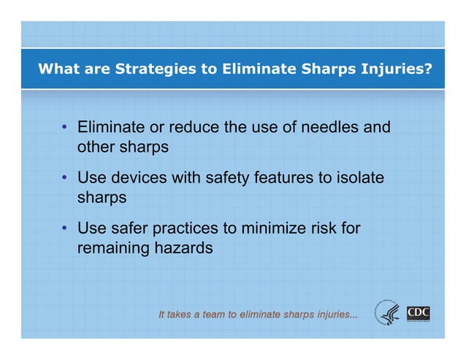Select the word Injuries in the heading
pyautogui.click(x=396, y=70)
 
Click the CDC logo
pyautogui.click(x=419, y=314)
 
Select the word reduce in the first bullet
pyautogui.click(x=192, y=128)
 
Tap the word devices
pyautogui.click(x=139, y=178)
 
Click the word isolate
pyautogui.click(x=356, y=178)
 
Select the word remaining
pyautogui.click(x=112, y=248)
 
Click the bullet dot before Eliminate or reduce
pyautogui.click(x=65, y=129)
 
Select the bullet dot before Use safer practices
pyautogui.click(x=65, y=229)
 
